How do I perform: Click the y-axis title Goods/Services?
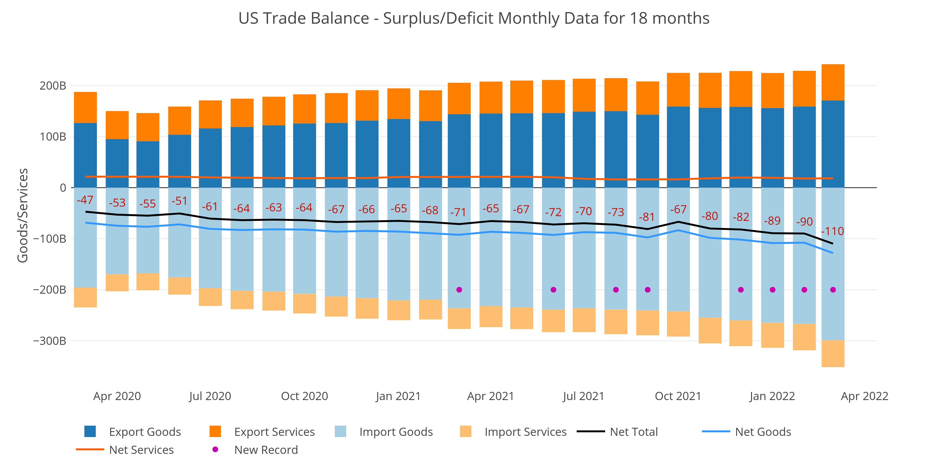(x=23, y=215)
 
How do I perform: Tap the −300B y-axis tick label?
(x=50, y=341)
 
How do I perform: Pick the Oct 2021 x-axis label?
(x=678, y=396)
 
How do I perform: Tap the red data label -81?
(x=647, y=217)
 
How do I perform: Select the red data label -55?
(x=148, y=204)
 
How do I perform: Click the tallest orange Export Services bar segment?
(x=833, y=82)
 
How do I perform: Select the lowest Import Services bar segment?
(x=833, y=354)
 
